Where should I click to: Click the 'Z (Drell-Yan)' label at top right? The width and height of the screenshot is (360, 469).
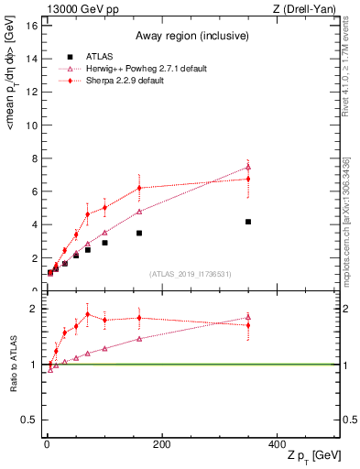pos(309,9)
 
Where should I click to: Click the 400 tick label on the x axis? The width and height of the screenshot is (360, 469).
pos(277,443)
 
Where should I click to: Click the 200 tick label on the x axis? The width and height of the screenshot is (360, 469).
pos(161,443)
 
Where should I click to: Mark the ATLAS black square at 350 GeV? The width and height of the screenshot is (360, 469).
pos(248,222)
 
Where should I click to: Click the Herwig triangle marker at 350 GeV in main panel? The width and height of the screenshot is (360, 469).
pos(248,167)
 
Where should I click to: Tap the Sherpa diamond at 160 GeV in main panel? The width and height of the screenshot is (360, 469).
pos(139,188)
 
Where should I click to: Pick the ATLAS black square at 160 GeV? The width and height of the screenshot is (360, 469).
pos(139,233)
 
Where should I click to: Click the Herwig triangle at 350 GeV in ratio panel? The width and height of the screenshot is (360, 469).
pos(248,318)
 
